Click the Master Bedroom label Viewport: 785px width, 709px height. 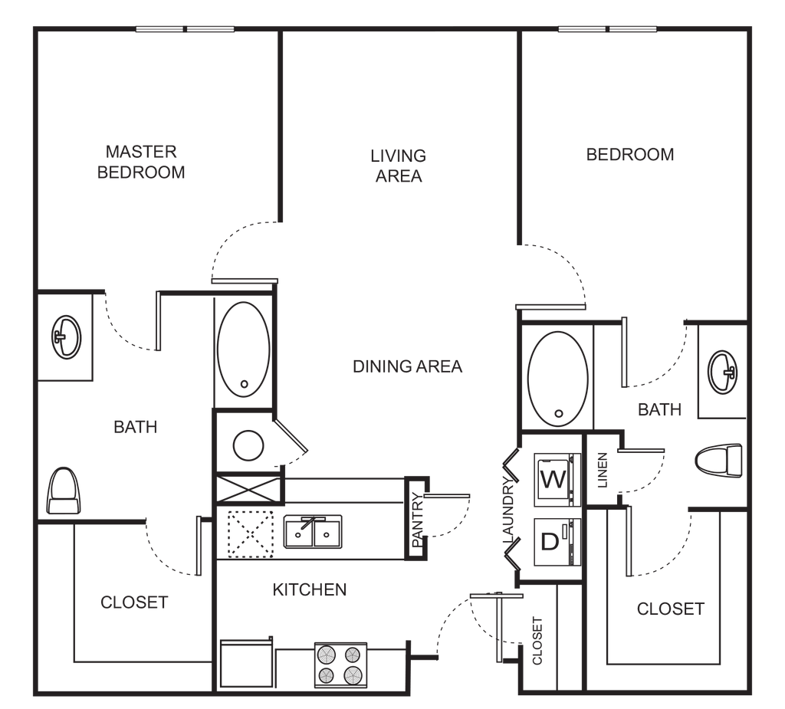[141, 162]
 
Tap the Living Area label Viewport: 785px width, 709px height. [399, 166]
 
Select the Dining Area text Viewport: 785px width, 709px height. [408, 366]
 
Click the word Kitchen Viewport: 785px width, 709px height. [310, 589]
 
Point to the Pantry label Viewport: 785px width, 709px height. [417, 520]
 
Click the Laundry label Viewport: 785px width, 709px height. [508, 510]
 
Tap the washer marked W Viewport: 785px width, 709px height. [557, 478]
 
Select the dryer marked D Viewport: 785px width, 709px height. [557, 542]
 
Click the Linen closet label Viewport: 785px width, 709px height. [603, 470]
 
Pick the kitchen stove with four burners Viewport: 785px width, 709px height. [341, 665]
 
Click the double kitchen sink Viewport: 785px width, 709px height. [314, 532]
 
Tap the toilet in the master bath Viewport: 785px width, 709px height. [64, 491]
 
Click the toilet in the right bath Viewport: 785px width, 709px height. [719, 460]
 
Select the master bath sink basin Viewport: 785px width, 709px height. [66, 337]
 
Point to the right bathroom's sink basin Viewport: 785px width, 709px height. [722, 372]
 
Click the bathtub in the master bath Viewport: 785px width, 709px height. [243, 350]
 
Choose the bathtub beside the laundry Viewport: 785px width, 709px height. [558, 379]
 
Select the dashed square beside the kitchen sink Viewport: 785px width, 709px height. [251, 533]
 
